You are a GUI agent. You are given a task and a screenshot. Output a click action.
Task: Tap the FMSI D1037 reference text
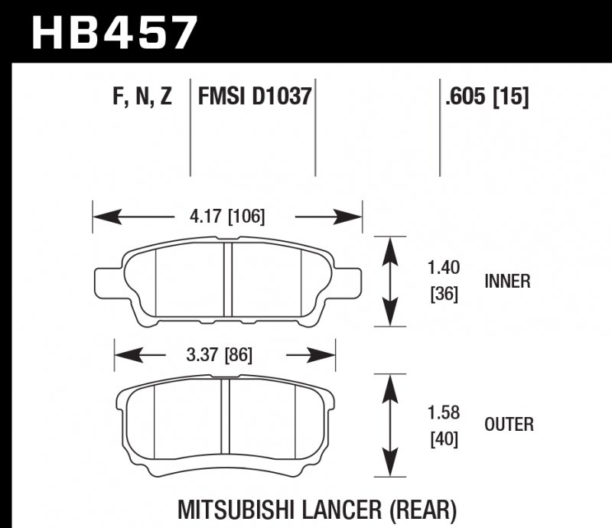click(254, 96)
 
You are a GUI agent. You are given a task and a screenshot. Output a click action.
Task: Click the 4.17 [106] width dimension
click(227, 217)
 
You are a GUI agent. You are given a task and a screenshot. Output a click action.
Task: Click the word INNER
click(507, 282)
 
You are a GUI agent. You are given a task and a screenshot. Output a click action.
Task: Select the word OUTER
click(509, 424)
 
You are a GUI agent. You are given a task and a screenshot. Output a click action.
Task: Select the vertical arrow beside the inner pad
click(391, 282)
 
